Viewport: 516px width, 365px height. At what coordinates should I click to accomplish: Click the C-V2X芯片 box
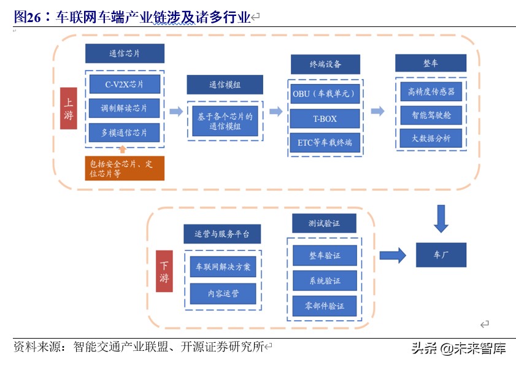[125, 84]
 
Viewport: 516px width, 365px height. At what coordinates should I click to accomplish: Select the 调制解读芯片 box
[125, 108]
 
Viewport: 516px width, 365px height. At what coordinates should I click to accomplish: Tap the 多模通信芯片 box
[125, 133]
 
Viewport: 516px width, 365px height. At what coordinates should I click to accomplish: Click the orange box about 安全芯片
[125, 168]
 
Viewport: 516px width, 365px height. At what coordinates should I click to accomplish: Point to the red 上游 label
[69, 108]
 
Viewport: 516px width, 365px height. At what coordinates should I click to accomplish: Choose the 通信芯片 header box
[125, 53]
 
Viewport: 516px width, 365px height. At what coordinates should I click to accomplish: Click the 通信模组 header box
[225, 85]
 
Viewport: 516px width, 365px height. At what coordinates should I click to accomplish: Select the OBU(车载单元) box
[325, 94]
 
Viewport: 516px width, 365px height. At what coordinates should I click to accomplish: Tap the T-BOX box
[325, 118]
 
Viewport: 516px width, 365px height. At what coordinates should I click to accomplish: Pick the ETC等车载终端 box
[325, 143]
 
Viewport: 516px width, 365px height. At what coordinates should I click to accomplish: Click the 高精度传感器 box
[431, 92]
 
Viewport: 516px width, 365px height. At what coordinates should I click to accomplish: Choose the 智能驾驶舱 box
[431, 115]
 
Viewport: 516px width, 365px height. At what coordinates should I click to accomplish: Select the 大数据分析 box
[431, 138]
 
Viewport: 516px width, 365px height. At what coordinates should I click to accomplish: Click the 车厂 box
[441, 255]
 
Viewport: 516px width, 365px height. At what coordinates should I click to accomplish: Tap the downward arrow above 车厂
[441, 218]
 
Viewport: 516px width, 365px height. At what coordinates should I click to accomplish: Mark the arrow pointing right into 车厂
[393, 255]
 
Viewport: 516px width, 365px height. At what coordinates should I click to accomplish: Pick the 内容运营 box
[223, 293]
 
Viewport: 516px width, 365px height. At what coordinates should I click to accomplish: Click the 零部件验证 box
[325, 305]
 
